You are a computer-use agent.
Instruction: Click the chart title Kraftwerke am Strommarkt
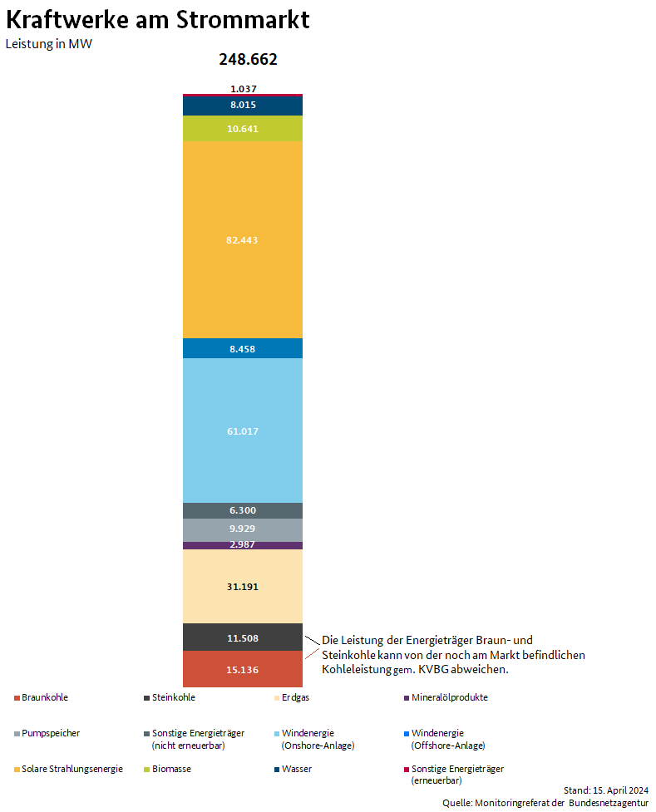pyautogui.click(x=158, y=20)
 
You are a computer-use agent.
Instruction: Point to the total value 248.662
pyautogui.click(x=248, y=60)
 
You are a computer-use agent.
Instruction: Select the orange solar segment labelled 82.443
pyautogui.click(x=242, y=240)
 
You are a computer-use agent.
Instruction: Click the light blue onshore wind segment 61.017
pyautogui.click(x=242, y=431)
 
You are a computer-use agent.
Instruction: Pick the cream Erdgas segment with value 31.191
pyautogui.click(x=242, y=587)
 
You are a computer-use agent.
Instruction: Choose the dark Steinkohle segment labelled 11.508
pyautogui.click(x=242, y=638)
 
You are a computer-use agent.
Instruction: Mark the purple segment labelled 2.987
pyautogui.click(x=242, y=545)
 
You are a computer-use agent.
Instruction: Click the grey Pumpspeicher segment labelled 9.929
pyautogui.click(x=242, y=529)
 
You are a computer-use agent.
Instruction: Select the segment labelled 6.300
pyautogui.click(x=242, y=510)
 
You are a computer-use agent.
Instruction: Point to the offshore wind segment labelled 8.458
pyautogui.click(x=242, y=349)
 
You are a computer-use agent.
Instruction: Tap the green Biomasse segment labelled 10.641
pyautogui.click(x=242, y=129)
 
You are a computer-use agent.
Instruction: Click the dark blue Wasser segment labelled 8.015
pyautogui.click(x=242, y=105)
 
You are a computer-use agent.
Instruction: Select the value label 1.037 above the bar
pyautogui.click(x=243, y=88)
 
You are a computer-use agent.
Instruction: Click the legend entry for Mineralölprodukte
pyautogui.click(x=449, y=697)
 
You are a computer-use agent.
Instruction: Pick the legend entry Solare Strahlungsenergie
pyautogui.click(x=72, y=769)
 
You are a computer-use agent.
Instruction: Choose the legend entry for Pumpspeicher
pyautogui.click(x=50, y=733)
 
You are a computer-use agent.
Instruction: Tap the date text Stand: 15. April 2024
pyautogui.click(x=605, y=790)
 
